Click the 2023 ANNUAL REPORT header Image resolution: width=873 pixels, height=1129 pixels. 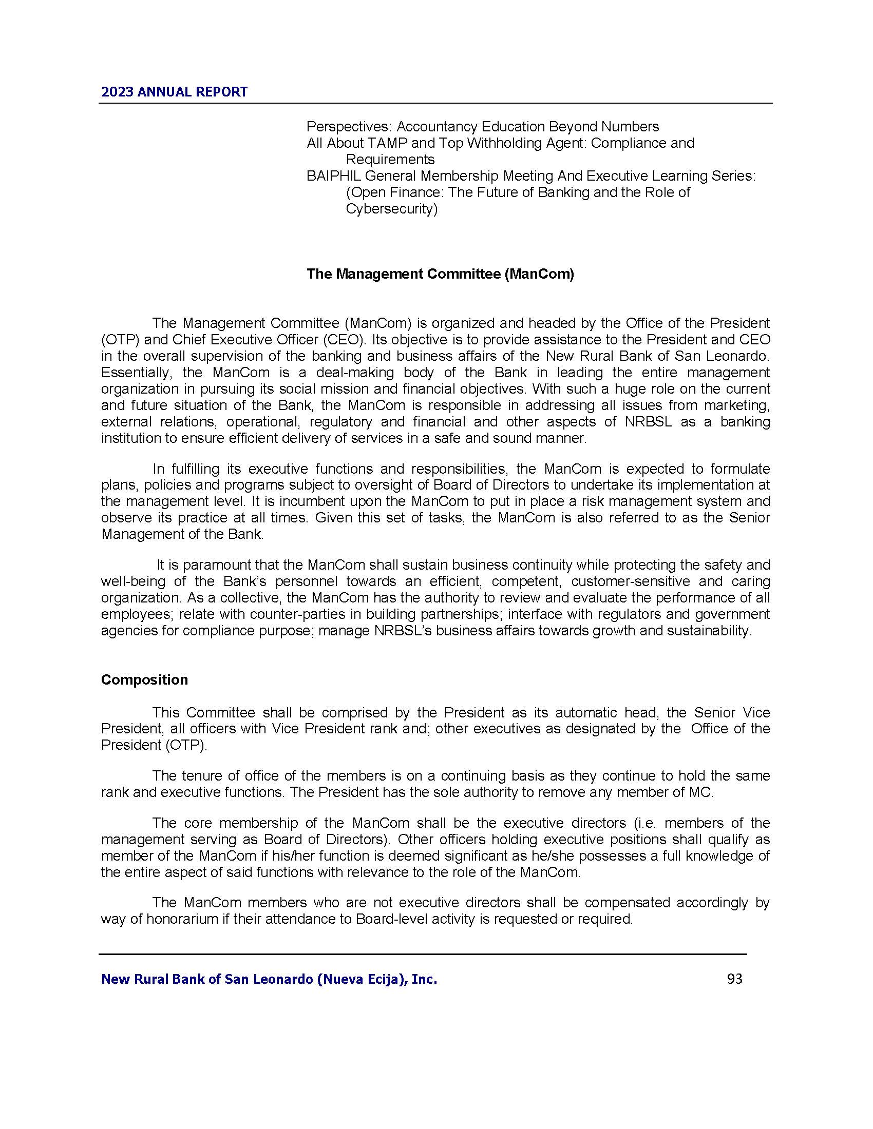point(174,92)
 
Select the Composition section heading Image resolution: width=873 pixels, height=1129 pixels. point(144,679)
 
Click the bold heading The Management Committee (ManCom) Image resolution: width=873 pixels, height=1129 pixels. point(440,274)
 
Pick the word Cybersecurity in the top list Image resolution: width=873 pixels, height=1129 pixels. point(391,209)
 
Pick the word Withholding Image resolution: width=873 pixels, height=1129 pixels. point(497,143)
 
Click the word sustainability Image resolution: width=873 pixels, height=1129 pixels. point(708,631)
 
